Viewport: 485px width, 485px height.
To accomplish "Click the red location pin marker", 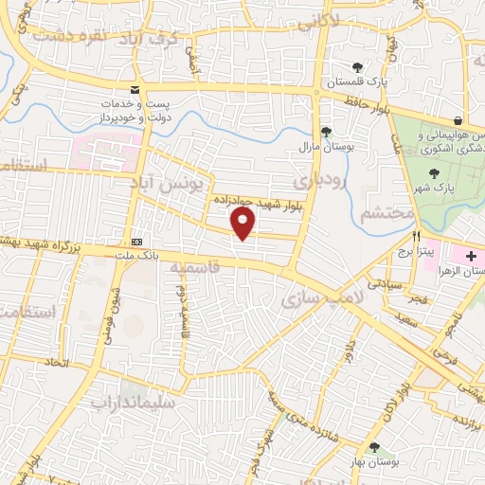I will pos(244,224).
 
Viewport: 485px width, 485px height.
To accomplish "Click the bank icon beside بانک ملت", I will pos(138,241).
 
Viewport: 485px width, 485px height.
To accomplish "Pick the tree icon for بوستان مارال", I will pos(326,132).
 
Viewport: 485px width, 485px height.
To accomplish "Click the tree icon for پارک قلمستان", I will pos(357,66).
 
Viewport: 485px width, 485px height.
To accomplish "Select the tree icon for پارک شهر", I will pos(434,173).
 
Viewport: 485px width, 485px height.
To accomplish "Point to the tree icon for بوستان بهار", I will pos(374,448).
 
